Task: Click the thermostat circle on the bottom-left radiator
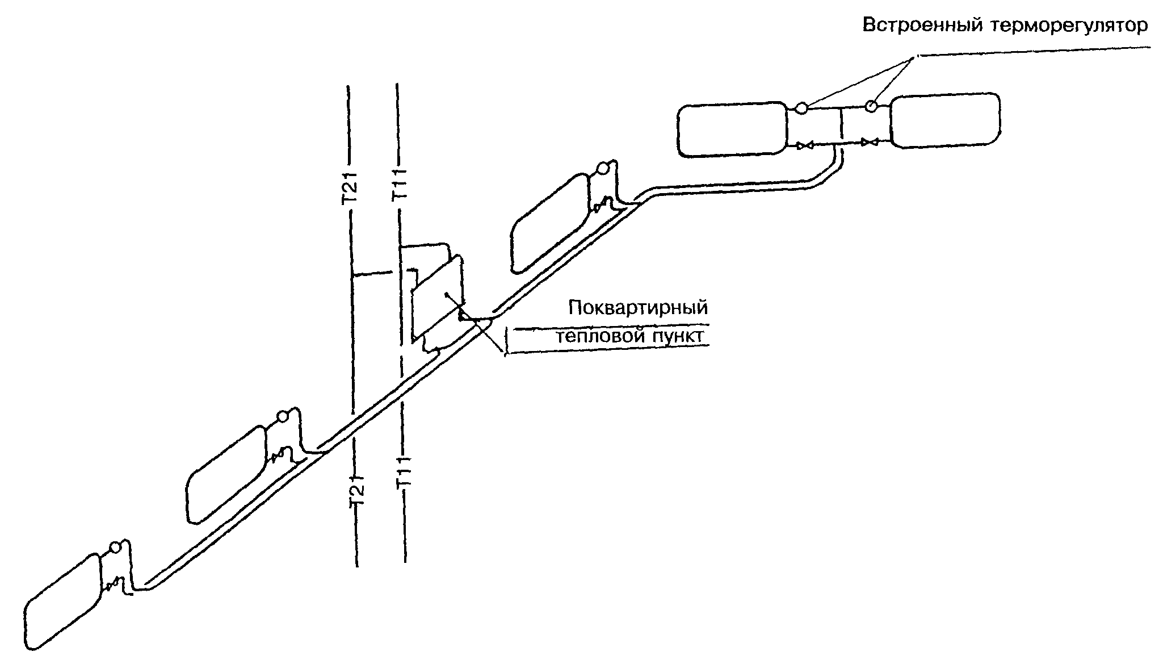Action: tap(115, 548)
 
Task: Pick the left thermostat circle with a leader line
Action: tap(801, 107)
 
